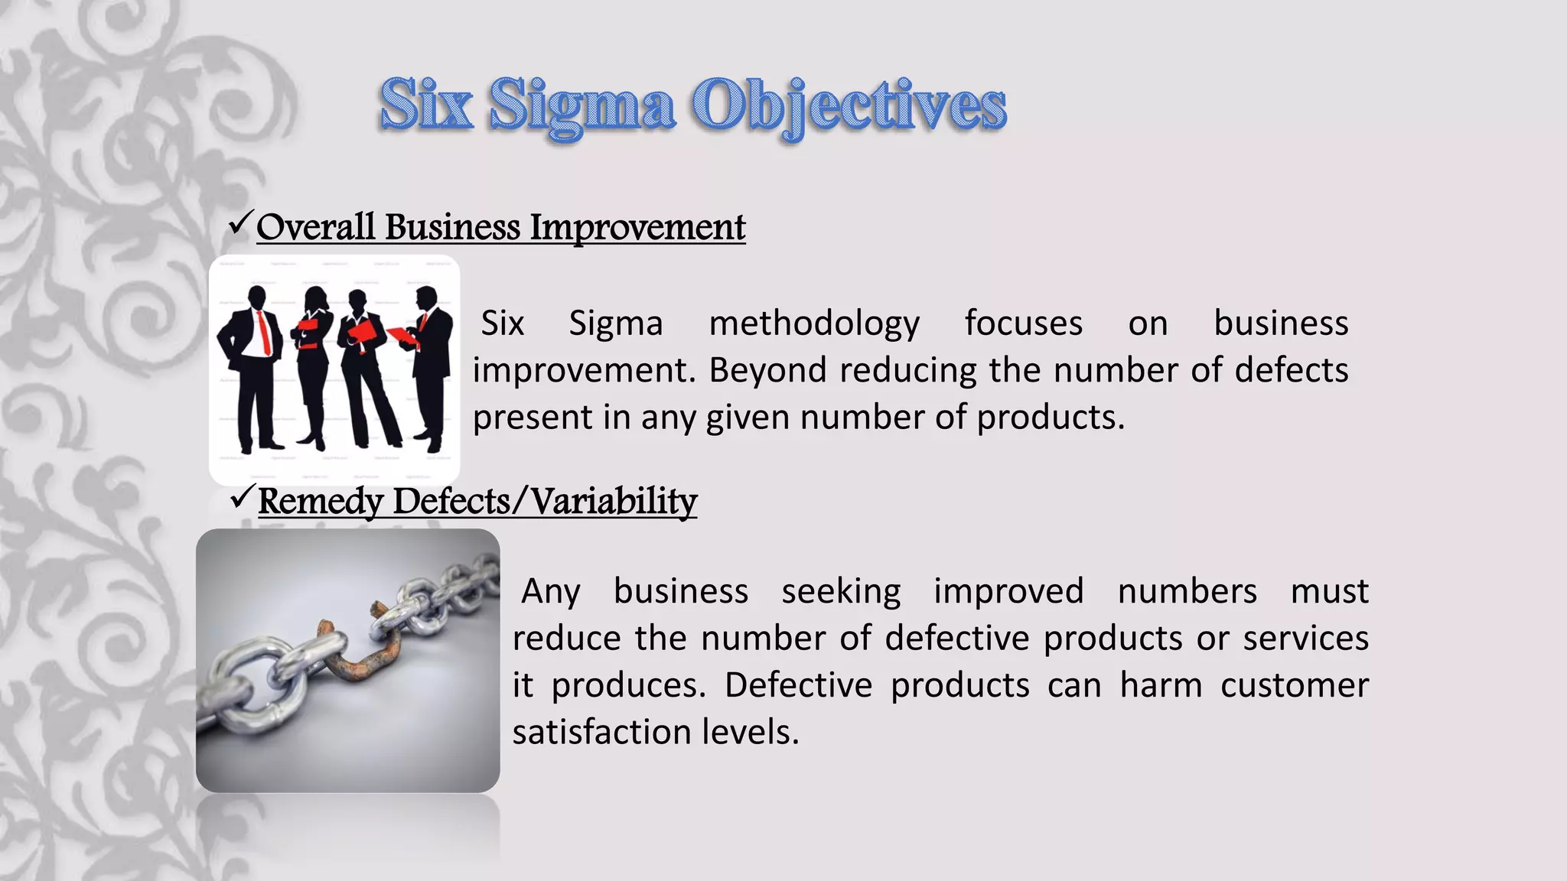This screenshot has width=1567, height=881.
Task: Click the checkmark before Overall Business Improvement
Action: pyautogui.click(x=240, y=224)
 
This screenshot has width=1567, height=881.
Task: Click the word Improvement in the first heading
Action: pyautogui.click(x=637, y=227)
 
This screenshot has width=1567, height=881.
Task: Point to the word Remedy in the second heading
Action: pyautogui.click(x=321, y=502)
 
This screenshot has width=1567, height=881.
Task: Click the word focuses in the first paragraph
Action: pyautogui.click(x=1023, y=323)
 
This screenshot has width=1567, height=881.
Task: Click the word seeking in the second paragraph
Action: pyautogui.click(x=841, y=592)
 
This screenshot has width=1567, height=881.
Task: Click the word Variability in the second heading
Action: pyautogui.click(x=614, y=502)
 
